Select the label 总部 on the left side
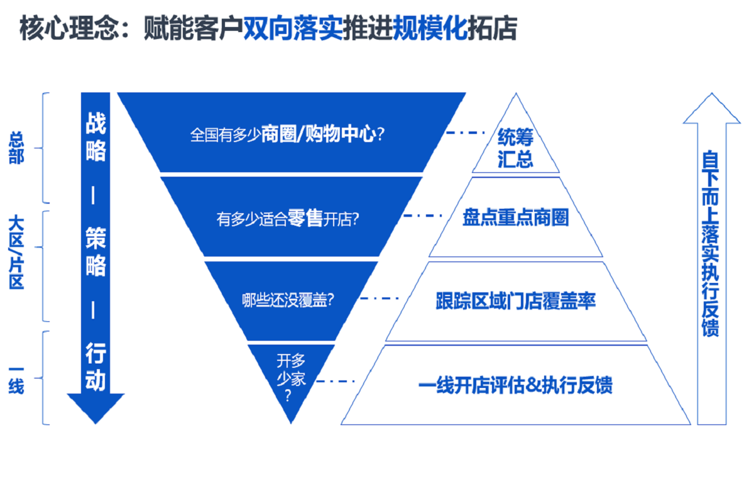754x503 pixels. [16, 148]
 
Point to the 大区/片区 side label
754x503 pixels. [16, 251]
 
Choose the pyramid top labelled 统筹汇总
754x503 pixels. [515, 147]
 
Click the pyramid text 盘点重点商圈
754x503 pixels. [515, 218]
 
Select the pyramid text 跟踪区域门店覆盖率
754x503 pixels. [515, 301]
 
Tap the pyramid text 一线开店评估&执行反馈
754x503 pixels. [515, 384]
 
